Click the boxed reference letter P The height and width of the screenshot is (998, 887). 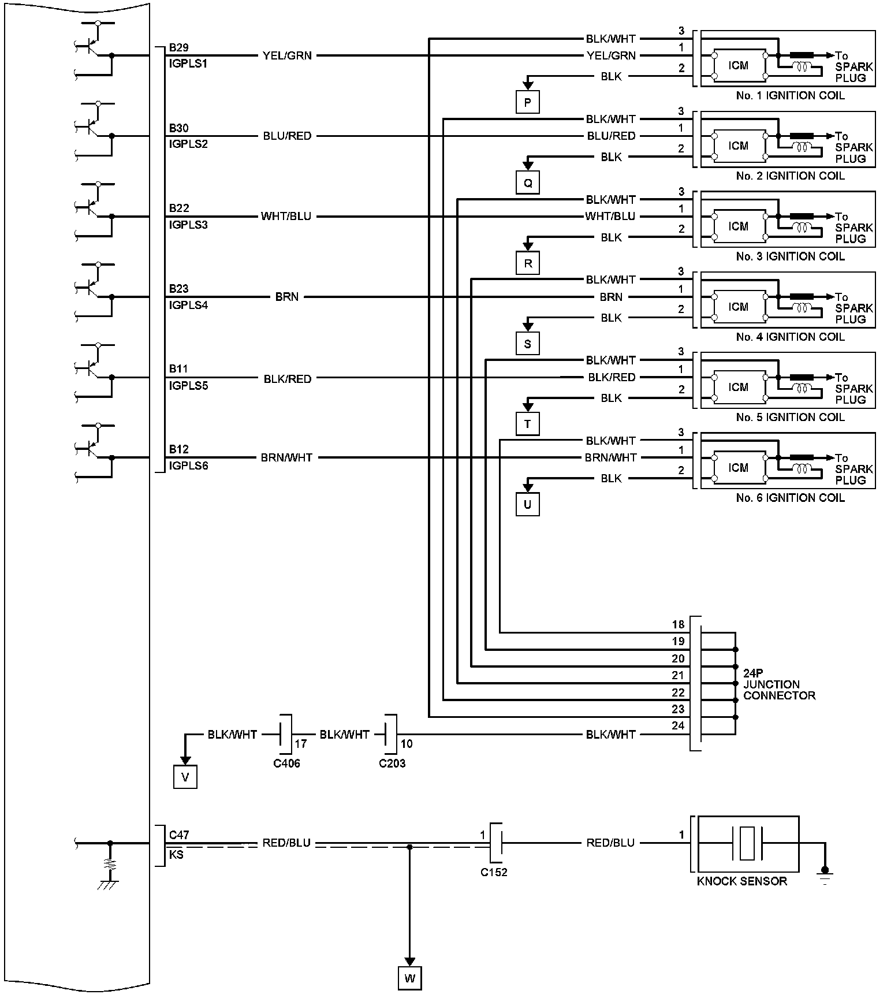[527, 103]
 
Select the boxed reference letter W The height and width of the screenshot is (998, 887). [409, 978]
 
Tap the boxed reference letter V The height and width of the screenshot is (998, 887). [185, 777]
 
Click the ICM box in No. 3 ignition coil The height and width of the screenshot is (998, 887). [739, 226]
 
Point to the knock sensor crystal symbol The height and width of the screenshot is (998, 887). [748, 843]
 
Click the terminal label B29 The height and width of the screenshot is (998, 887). [178, 47]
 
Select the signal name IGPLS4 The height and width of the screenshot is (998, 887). [188, 305]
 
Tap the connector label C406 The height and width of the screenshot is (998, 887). [286, 764]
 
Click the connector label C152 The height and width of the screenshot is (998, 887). [494, 872]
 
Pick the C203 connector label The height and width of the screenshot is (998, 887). [392, 764]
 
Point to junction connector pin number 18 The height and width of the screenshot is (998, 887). [678, 624]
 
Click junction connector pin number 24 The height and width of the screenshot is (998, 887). [678, 725]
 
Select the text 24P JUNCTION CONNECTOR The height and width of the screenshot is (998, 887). [779, 684]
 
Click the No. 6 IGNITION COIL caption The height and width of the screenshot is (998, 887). [790, 498]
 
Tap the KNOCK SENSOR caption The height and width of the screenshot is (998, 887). [742, 881]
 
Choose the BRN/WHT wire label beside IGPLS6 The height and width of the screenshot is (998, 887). [286, 457]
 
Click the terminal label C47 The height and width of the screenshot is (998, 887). [179, 835]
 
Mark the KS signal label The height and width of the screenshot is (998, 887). [176, 854]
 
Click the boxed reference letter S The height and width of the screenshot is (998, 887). [527, 344]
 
